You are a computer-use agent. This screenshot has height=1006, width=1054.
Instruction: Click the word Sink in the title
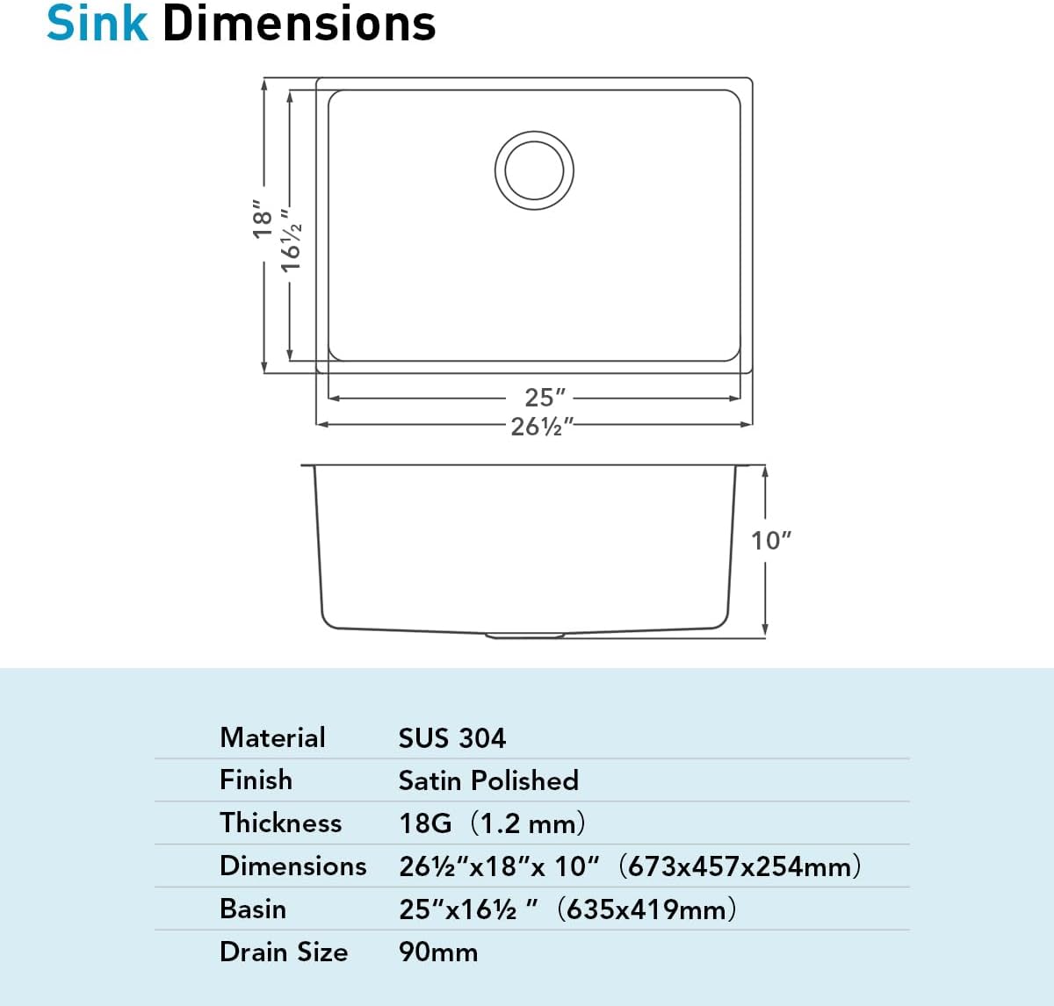click(x=97, y=24)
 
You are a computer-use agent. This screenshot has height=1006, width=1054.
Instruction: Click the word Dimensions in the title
click(x=300, y=24)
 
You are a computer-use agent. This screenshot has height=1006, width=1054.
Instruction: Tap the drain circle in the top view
click(x=534, y=170)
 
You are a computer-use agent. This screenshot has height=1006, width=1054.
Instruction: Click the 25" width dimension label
click(x=545, y=398)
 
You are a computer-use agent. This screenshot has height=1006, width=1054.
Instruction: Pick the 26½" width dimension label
click(x=542, y=426)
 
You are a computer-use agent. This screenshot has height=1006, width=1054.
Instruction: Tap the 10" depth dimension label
click(x=770, y=541)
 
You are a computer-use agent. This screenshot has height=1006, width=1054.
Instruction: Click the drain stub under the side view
click(x=525, y=635)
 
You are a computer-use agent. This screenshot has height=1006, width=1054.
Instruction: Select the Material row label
click(x=272, y=737)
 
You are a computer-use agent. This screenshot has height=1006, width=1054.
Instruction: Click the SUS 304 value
click(x=451, y=738)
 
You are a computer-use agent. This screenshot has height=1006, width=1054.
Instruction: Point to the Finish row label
click(x=256, y=780)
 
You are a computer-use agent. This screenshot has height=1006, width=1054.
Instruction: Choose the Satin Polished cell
click(x=487, y=780)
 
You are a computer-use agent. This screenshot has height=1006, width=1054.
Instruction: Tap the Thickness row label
click(x=280, y=823)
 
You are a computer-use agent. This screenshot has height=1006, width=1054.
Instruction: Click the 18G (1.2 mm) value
click(x=492, y=823)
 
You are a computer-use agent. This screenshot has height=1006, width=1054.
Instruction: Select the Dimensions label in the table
click(x=292, y=866)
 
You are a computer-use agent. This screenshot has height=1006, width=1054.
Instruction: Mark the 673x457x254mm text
click(x=740, y=866)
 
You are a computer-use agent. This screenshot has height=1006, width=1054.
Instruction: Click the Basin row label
click(x=253, y=909)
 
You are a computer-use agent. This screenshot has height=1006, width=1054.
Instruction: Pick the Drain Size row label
click(x=283, y=952)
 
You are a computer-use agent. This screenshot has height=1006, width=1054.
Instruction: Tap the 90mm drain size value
click(x=437, y=952)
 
